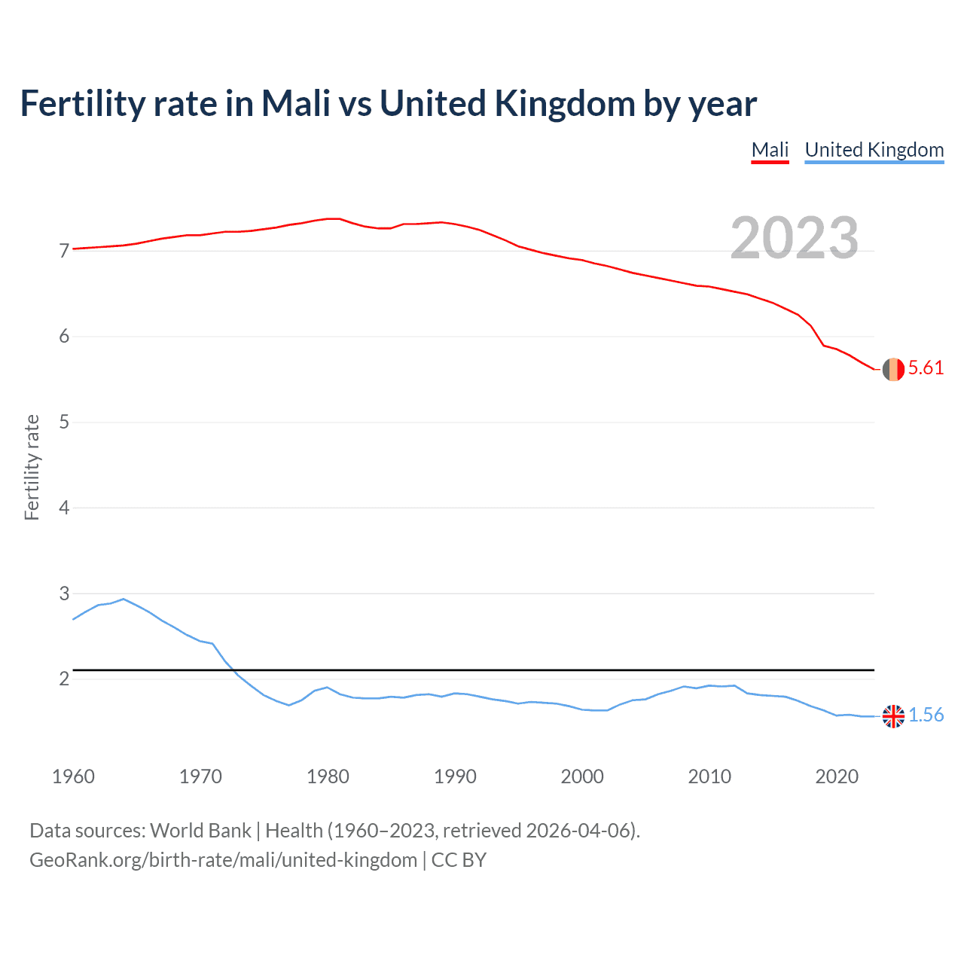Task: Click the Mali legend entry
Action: point(770,150)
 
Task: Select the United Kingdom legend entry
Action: point(874,150)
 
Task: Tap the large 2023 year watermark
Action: point(794,238)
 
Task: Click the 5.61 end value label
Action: point(926,368)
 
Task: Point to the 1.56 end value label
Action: point(926,715)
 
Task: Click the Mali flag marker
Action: point(893,369)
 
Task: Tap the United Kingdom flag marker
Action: point(893,716)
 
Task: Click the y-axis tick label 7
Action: point(64,251)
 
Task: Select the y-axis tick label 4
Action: point(64,508)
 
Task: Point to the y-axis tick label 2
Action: point(64,679)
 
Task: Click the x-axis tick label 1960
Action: point(73,776)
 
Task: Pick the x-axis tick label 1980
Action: point(328,776)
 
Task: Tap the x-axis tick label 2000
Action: point(582,776)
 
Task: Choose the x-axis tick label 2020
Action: point(837,776)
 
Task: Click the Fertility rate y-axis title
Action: point(32,467)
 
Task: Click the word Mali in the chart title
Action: point(296,104)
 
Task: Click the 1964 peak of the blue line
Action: point(124,599)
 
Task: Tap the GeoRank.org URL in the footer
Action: point(223,860)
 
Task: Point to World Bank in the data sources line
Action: point(200,831)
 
